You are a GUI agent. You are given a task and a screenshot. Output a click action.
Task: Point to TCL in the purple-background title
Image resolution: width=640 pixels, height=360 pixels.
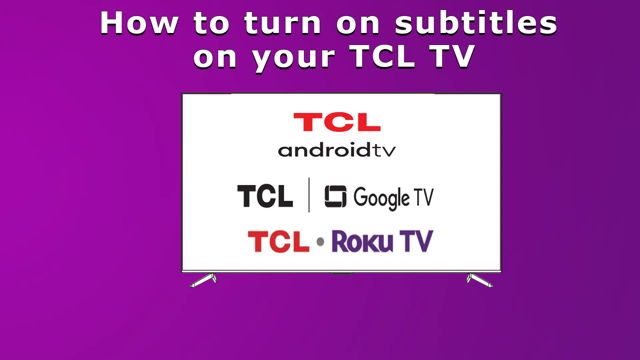pyautogui.click(x=382, y=56)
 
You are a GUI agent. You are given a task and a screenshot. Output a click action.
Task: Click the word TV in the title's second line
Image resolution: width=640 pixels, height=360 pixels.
pyautogui.click(x=452, y=56)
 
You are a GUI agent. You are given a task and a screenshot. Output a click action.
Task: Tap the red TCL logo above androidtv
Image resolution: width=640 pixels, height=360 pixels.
pyautogui.click(x=337, y=122)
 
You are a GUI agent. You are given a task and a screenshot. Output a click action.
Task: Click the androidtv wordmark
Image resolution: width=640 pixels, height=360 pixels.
pyautogui.click(x=337, y=150)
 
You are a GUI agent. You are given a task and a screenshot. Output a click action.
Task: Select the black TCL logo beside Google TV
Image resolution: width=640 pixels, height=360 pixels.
pyautogui.click(x=265, y=196)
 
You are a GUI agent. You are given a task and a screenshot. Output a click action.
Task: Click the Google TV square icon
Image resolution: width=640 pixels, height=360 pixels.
pyautogui.click(x=335, y=196)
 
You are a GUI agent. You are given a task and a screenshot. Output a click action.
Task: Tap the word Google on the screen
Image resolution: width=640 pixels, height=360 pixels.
pyautogui.click(x=381, y=198)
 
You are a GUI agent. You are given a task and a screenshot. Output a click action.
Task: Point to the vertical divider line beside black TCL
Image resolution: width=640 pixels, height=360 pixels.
pyautogui.click(x=309, y=195)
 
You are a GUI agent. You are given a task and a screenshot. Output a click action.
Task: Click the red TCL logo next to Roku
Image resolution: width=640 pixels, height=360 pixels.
pyautogui.click(x=279, y=241)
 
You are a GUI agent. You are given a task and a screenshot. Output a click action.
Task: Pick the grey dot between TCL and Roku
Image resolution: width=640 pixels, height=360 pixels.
pyautogui.click(x=320, y=241)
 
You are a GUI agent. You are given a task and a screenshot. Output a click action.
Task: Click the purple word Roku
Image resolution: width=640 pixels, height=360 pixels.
pyautogui.click(x=362, y=241)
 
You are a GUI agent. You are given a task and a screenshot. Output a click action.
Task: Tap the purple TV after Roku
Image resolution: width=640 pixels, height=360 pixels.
pyautogui.click(x=417, y=241)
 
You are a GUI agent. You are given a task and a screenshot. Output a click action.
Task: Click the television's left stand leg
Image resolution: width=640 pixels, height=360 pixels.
pyautogui.click(x=204, y=280)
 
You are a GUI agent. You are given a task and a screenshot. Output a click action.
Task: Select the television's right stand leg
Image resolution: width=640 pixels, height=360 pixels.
pyautogui.click(x=479, y=280)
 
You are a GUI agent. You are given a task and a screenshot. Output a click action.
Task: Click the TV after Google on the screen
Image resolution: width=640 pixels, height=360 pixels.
pyautogui.click(x=424, y=197)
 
